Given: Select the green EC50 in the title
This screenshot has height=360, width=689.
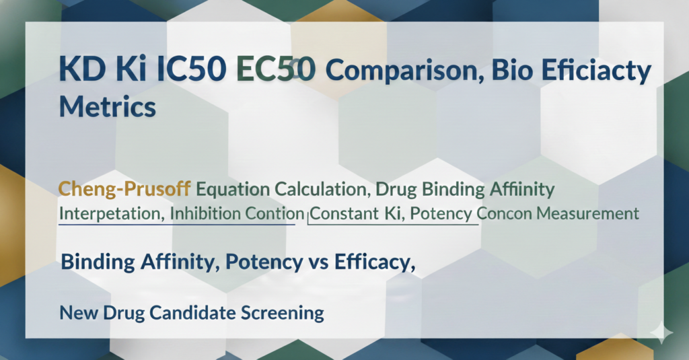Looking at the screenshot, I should coord(275,70).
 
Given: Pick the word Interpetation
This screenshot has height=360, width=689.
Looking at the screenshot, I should coord(110,214).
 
